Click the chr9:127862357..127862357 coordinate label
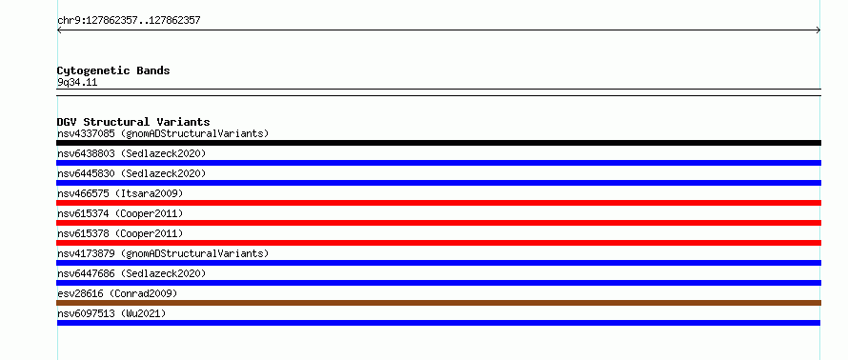click(x=129, y=21)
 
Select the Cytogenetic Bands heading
click(x=113, y=70)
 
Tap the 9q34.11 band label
click(x=77, y=83)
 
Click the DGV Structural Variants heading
click(x=133, y=122)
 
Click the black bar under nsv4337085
click(x=438, y=143)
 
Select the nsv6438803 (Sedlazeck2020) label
click(x=131, y=153)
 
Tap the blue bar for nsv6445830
click(x=438, y=183)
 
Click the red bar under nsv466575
click(x=438, y=203)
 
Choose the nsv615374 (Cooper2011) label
click(x=120, y=213)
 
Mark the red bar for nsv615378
click(x=438, y=243)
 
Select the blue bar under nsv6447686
click(x=438, y=283)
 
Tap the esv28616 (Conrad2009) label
click(x=117, y=293)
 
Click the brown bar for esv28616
click(x=438, y=303)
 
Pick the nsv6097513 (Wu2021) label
click(x=111, y=313)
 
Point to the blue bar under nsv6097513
click(x=438, y=323)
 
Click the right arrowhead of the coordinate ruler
click(x=819, y=30)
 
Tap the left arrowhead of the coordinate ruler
click(x=58, y=30)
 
